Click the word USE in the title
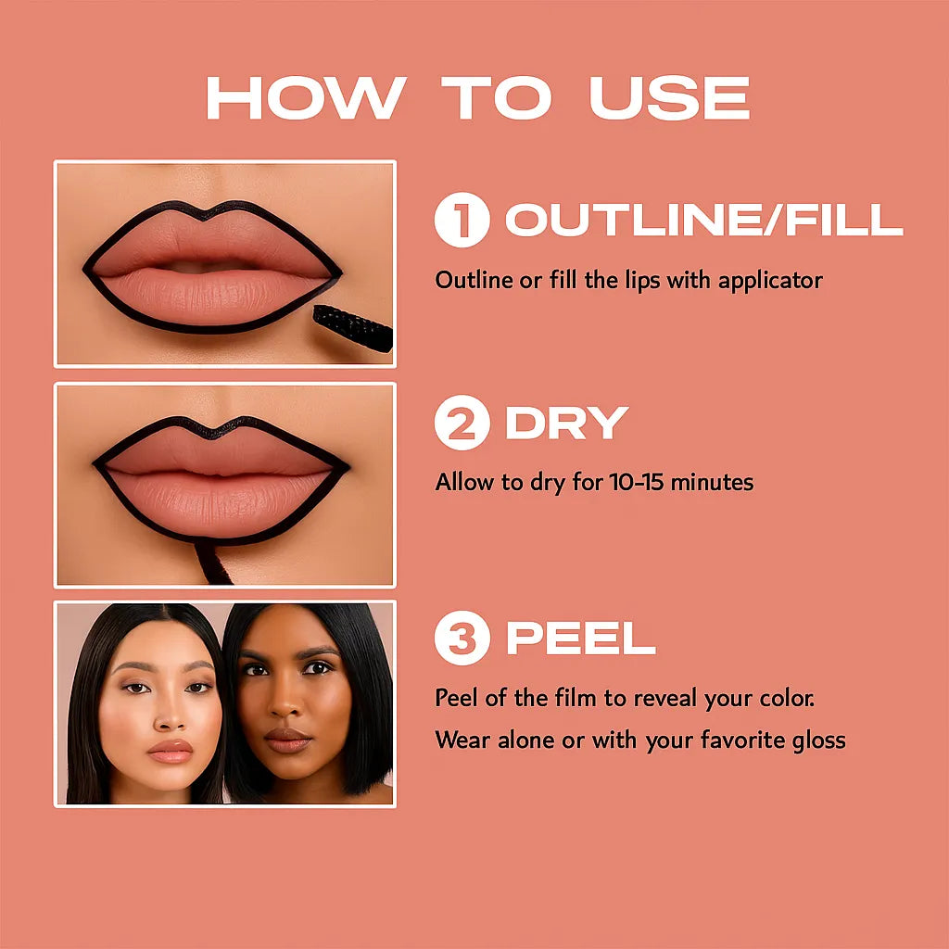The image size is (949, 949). (x=669, y=97)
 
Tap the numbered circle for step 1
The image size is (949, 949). (x=462, y=221)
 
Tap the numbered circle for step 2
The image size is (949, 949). (x=462, y=423)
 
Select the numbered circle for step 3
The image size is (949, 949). (x=462, y=639)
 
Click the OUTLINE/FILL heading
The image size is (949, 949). (x=703, y=221)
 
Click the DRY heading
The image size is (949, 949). (x=566, y=423)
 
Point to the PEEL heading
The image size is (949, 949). (x=580, y=639)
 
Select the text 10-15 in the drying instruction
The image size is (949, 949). (x=637, y=482)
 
